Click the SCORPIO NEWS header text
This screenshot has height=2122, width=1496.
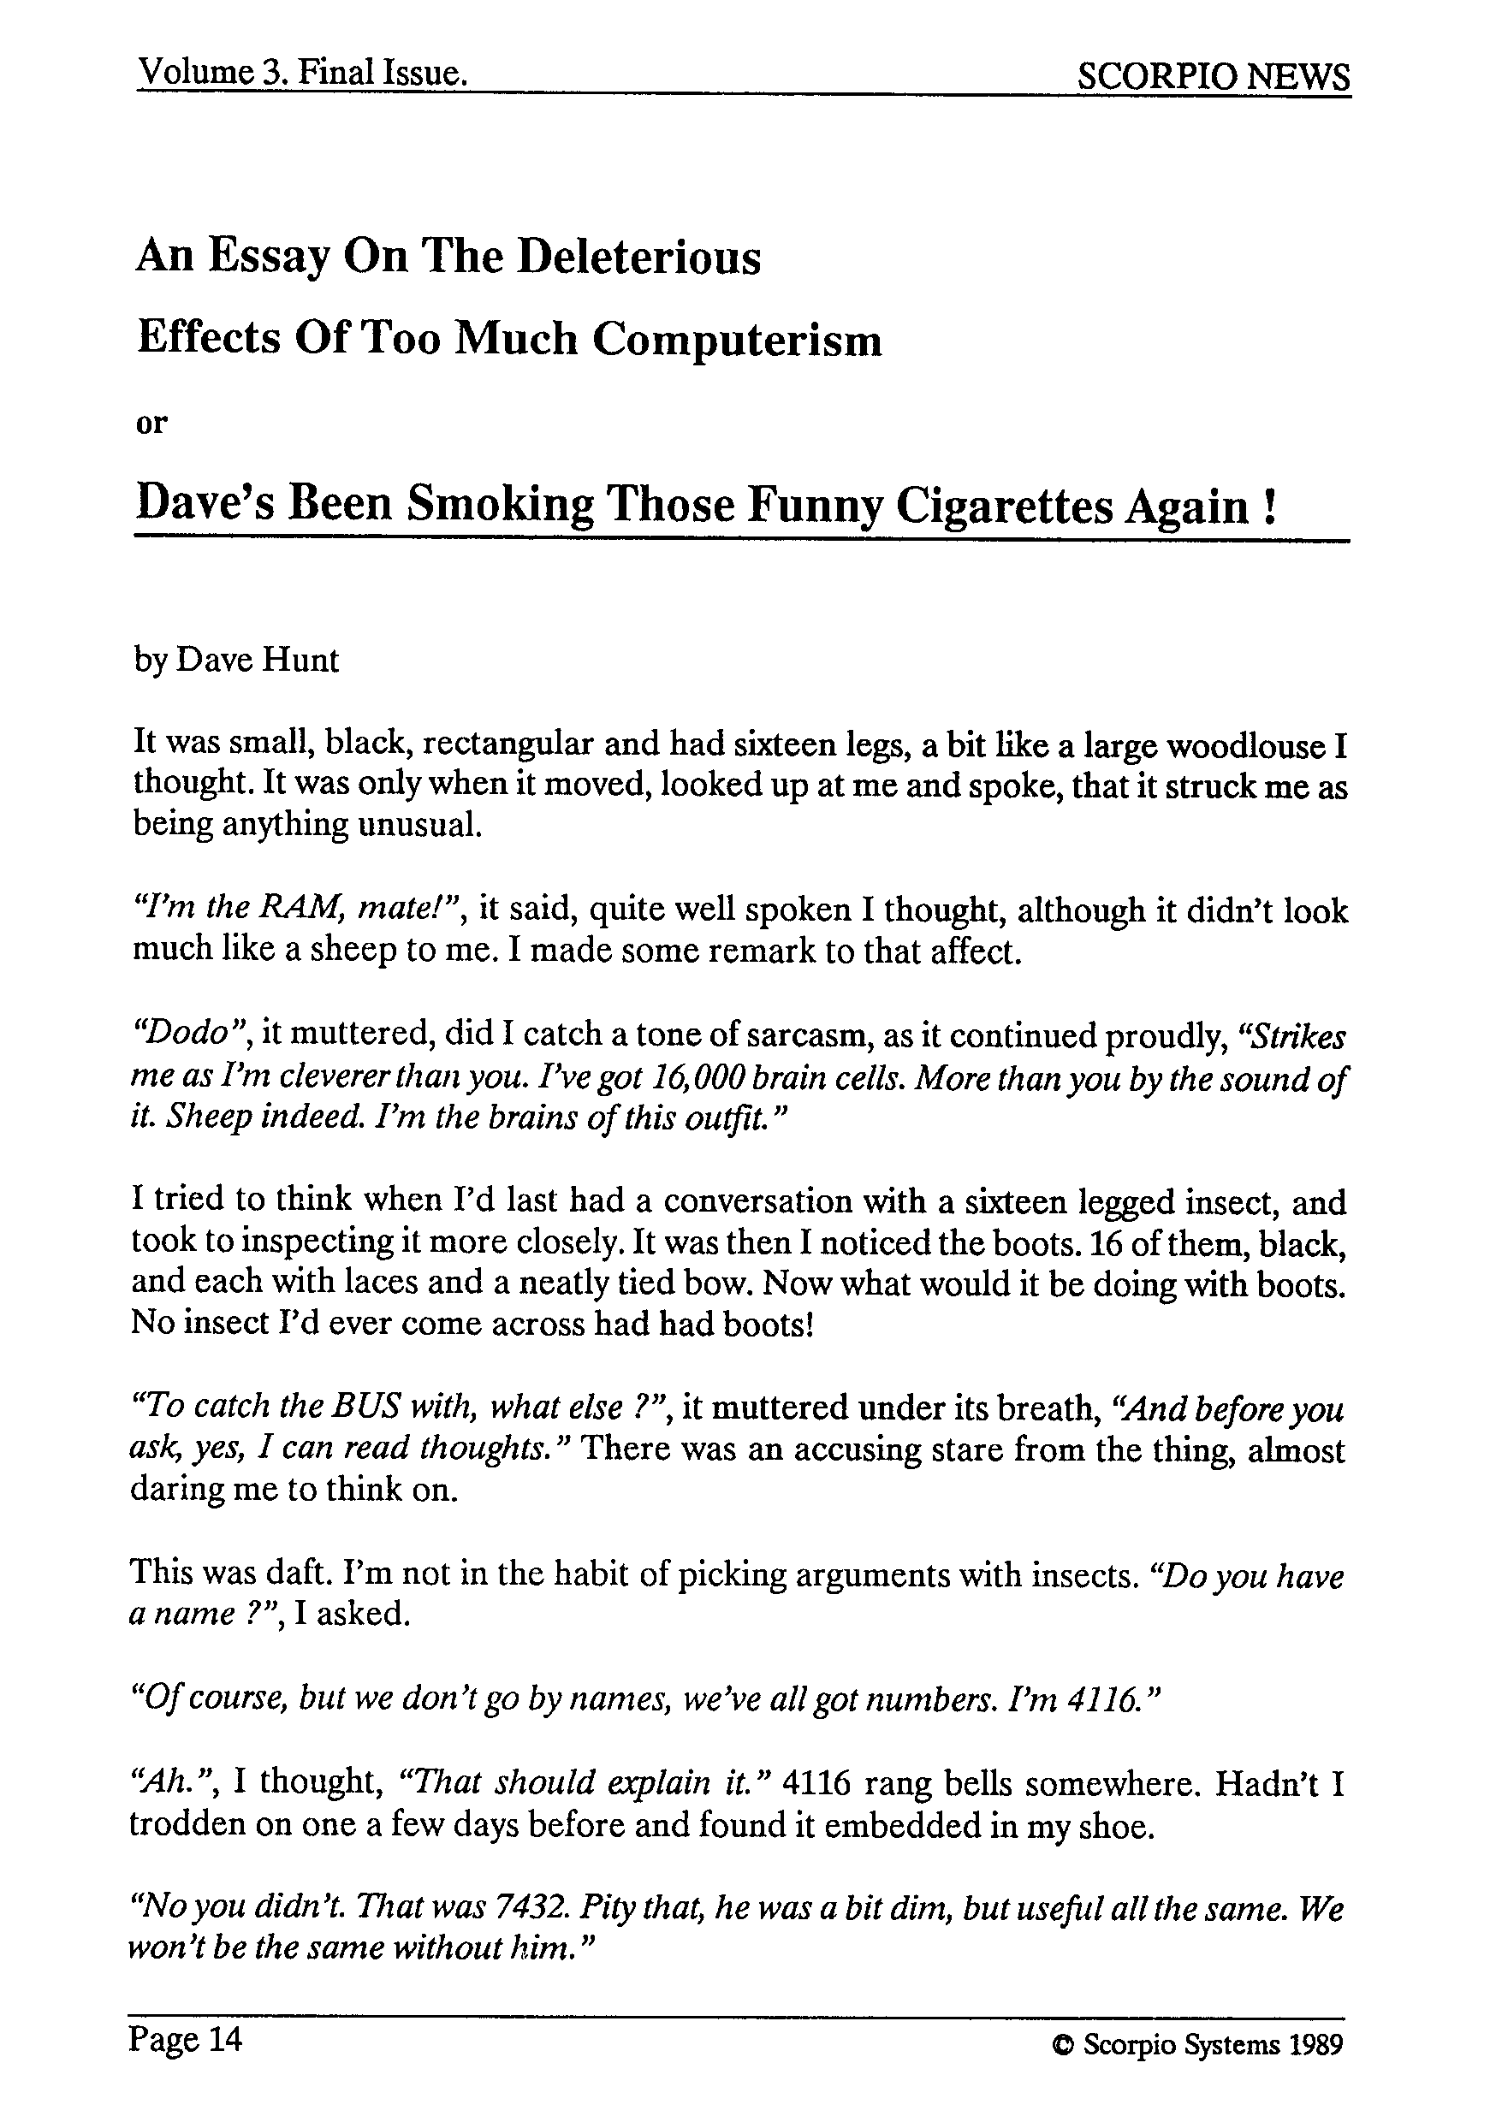click(1213, 76)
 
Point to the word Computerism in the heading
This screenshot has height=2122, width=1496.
click(737, 339)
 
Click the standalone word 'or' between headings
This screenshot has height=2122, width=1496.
click(151, 424)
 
